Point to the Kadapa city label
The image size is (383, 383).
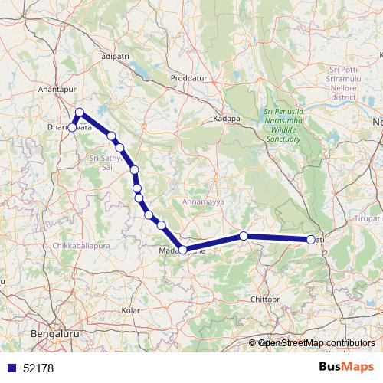(227, 119)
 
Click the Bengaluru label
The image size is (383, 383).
(55, 335)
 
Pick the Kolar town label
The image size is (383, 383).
(131, 310)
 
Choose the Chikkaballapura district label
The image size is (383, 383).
(81, 246)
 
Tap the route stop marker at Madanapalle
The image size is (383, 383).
(182, 250)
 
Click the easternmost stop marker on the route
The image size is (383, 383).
(311, 240)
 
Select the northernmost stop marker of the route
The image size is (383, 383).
(79, 113)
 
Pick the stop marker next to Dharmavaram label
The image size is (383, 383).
(72, 127)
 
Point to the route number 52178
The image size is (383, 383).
(38, 368)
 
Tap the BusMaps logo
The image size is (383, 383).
(346, 368)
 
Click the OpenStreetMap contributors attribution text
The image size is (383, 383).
(316, 343)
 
